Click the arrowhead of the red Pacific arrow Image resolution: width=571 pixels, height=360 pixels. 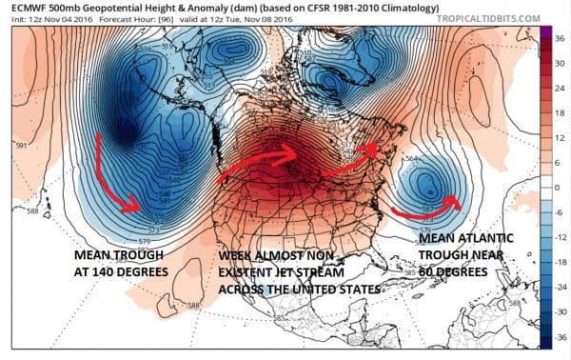[136, 206]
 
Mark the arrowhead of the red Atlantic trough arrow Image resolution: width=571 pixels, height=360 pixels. [461, 201]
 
